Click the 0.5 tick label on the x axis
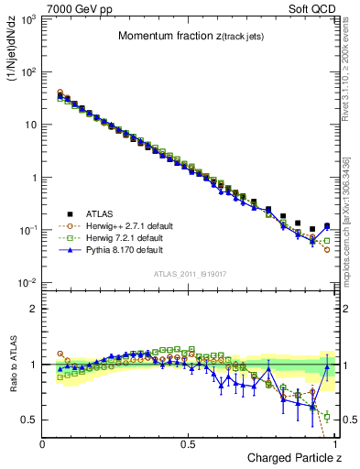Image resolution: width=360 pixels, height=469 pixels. (190, 443)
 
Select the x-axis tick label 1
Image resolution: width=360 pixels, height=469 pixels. (335, 443)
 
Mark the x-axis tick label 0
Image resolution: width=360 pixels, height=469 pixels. (43, 443)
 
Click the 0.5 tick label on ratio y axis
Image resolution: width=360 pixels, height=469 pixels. (29, 420)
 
